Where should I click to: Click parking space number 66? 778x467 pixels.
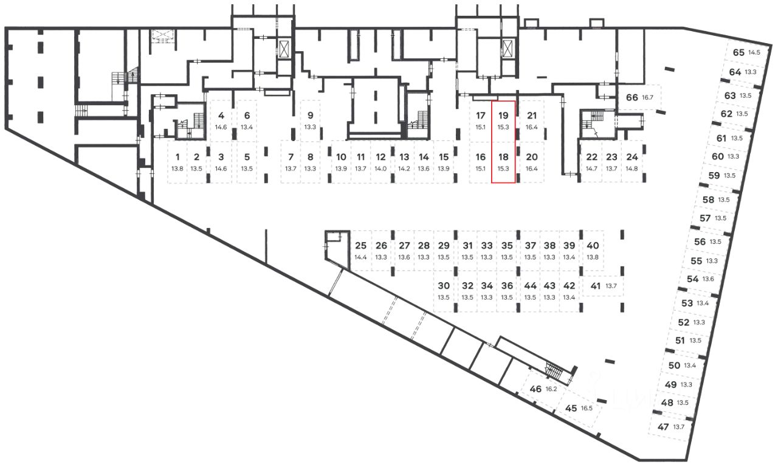pyautogui.click(x=632, y=98)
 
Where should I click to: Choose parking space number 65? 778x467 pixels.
pyautogui.click(x=738, y=52)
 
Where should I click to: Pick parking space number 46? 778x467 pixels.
pyautogui.click(x=535, y=389)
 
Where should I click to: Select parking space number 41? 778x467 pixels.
pyautogui.click(x=595, y=286)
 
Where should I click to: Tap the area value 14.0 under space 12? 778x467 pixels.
pyautogui.click(x=380, y=168)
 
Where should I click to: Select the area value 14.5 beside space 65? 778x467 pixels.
pyautogui.click(x=754, y=52)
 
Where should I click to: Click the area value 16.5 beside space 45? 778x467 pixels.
pyautogui.click(x=587, y=409)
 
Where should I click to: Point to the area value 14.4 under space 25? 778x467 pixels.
pyautogui.click(x=360, y=257)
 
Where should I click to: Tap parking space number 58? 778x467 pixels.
pyautogui.click(x=708, y=199)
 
